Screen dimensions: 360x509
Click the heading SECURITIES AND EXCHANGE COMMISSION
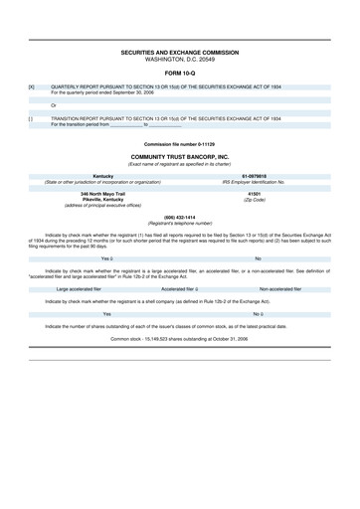coord(180,48)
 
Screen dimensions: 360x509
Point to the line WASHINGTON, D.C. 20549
coord(180,56)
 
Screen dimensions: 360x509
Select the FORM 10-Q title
coord(180,73)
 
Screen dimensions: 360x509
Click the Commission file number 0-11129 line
coord(180,144)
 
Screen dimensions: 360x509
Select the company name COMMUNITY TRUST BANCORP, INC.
coord(180,156)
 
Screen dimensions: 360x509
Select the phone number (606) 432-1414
coord(180,216)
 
